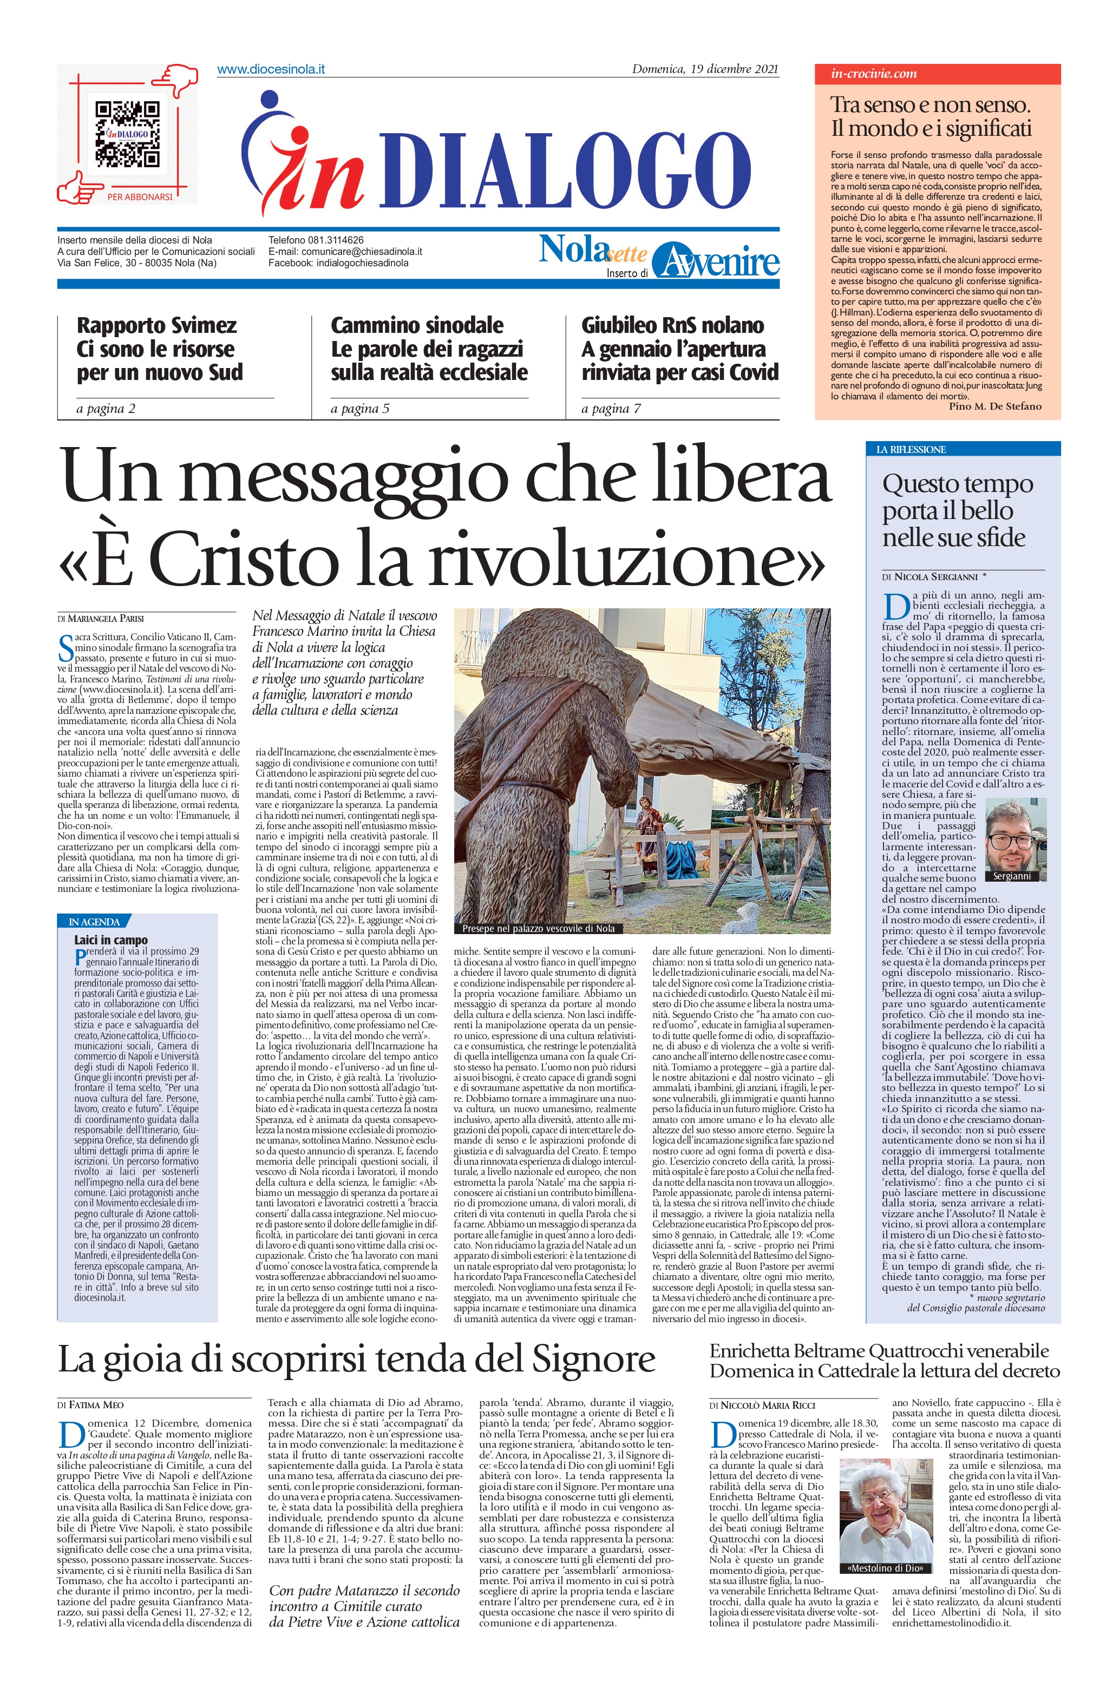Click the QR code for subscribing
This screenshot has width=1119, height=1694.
point(127,133)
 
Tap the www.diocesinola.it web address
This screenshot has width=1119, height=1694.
point(271,69)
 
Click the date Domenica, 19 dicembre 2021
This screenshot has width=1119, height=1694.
point(704,69)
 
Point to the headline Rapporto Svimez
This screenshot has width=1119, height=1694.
point(156,326)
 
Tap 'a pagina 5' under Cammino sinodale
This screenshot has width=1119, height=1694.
point(359,409)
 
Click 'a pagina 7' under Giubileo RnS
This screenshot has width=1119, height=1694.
point(611,409)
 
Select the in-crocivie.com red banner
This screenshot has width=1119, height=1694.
point(937,74)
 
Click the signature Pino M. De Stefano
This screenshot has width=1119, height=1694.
point(995,406)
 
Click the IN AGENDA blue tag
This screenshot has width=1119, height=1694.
point(94,922)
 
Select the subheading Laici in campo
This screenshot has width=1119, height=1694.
point(110,940)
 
